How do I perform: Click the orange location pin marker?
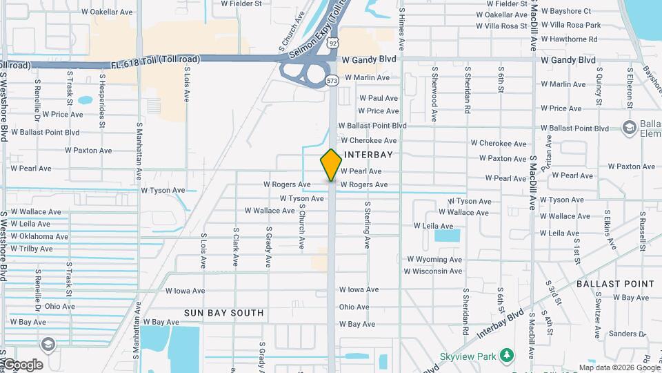click(331, 164)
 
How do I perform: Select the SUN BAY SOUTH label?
click(223, 313)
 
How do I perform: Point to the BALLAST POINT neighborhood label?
click(615, 284)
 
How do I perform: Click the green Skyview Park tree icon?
click(507, 355)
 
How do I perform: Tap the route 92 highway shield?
click(333, 43)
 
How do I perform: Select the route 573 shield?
click(332, 81)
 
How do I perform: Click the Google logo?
click(22, 365)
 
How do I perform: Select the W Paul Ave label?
click(378, 99)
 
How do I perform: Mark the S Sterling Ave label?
click(368, 225)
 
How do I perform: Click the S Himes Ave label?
click(401, 19)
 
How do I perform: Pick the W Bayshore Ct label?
click(566, 11)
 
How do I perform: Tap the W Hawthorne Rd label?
click(569, 39)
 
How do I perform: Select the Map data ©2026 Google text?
click(619, 367)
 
